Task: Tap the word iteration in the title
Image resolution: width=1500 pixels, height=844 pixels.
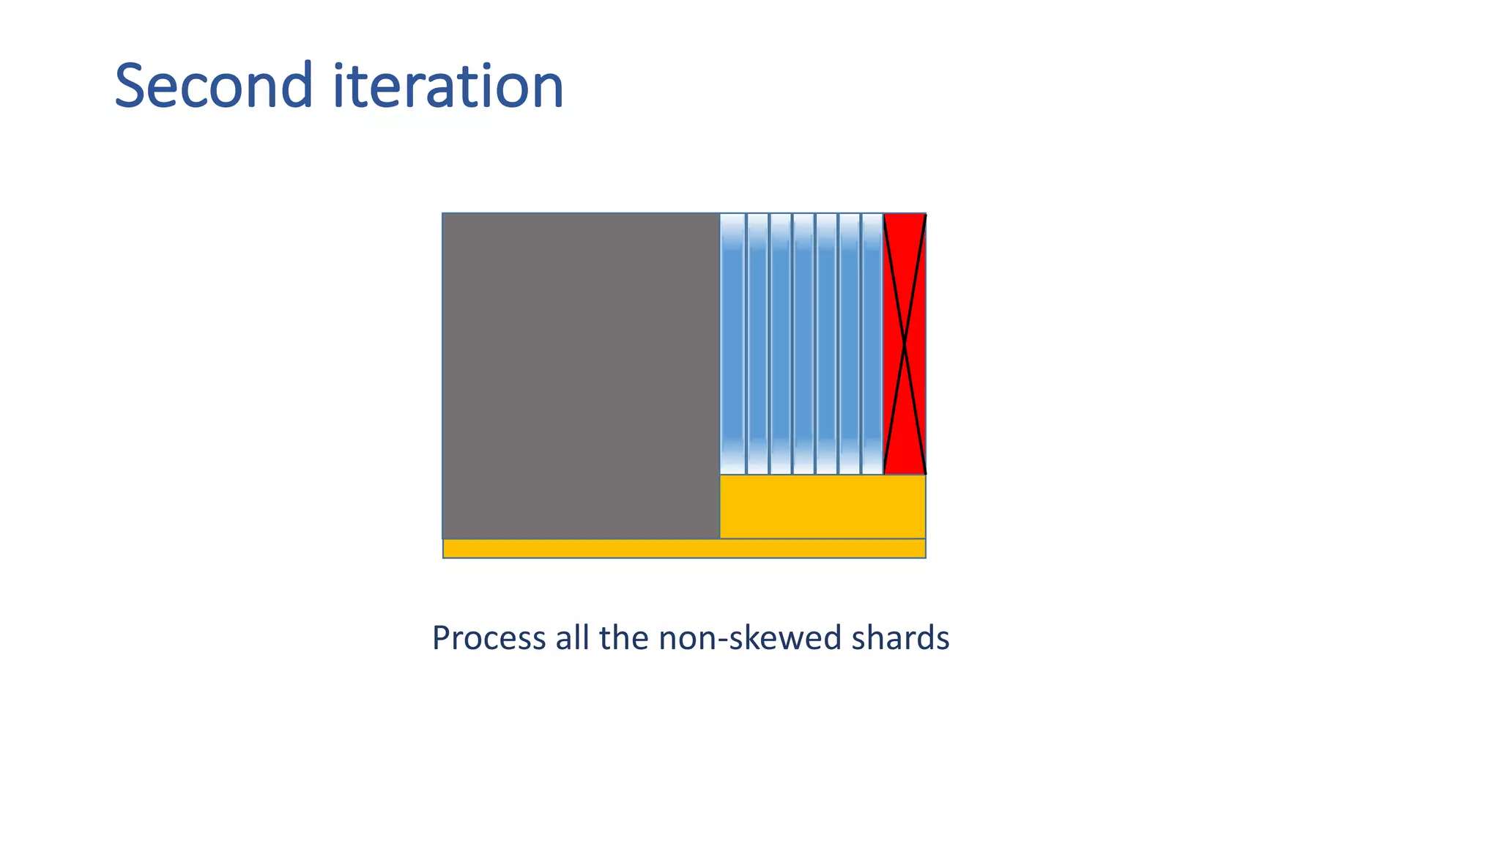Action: pyautogui.click(x=448, y=86)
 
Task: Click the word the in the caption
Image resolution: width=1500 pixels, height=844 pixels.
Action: pyautogui.click(x=623, y=637)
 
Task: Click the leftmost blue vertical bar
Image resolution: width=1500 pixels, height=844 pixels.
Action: pyautogui.click(x=732, y=344)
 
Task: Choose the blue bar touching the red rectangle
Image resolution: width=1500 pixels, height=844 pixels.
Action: pyautogui.click(x=872, y=344)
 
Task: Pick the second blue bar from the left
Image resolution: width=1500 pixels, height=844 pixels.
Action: pyautogui.click(x=757, y=344)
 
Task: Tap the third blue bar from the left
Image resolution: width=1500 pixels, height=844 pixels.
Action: pyautogui.click(x=781, y=344)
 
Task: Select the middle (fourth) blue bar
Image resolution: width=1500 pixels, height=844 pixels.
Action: pyautogui.click(x=803, y=344)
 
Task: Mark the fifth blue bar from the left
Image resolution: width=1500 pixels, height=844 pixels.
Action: pyautogui.click(x=826, y=344)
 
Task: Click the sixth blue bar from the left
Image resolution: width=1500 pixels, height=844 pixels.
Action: pyautogui.click(x=850, y=344)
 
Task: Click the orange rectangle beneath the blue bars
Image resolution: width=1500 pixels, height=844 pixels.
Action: pyautogui.click(x=823, y=506)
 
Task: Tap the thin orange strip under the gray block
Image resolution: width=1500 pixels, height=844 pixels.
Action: pyautogui.click(x=684, y=549)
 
